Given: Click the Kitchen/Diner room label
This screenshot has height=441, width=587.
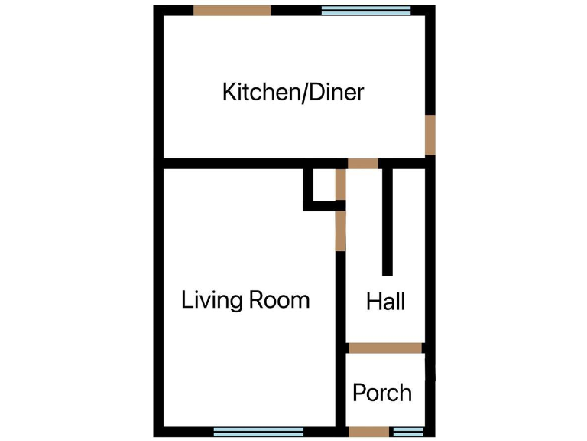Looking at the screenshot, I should [x=293, y=93].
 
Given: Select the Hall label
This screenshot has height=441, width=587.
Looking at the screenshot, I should [x=385, y=301].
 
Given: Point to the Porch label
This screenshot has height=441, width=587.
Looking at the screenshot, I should [x=381, y=393].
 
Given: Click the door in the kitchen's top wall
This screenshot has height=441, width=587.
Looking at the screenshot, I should [x=232, y=11].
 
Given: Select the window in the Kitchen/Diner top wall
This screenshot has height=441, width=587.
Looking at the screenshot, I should [x=365, y=11].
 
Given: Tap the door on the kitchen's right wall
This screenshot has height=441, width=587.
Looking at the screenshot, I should [x=430, y=134].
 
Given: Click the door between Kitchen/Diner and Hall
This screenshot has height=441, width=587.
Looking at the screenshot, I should [x=363, y=163].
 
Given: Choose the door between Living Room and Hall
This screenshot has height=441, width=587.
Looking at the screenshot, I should [x=340, y=230].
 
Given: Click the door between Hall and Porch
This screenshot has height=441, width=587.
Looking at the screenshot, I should [x=384, y=348].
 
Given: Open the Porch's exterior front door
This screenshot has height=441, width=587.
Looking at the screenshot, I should [x=369, y=432].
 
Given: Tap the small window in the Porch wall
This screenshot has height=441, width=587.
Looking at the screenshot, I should [x=407, y=432].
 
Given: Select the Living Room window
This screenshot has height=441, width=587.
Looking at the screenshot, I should [x=258, y=432].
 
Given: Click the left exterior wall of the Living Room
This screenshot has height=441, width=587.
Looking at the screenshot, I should [x=159, y=299].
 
